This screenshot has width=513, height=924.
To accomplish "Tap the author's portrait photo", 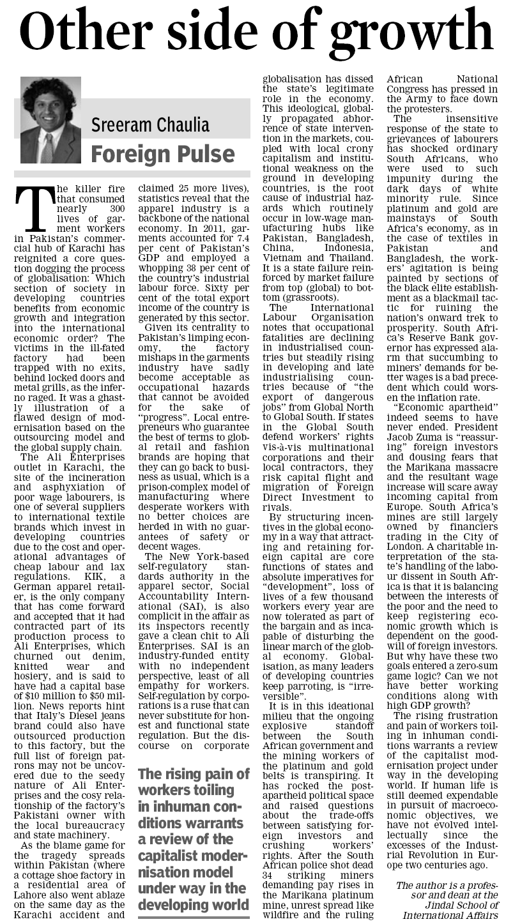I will [50, 121].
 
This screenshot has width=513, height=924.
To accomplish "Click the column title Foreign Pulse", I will [162, 154].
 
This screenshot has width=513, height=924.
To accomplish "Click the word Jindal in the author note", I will [418, 904].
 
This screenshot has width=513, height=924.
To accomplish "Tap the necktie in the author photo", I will [47, 148].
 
